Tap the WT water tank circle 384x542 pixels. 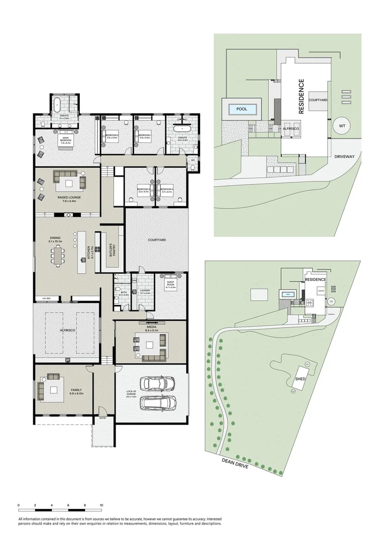[x=342, y=125]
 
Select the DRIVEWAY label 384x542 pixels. [x=344, y=157]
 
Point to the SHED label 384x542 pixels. [x=301, y=379]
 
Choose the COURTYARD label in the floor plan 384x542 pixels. [x=157, y=240]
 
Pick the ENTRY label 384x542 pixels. [x=103, y=418]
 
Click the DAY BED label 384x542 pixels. [x=46, y=299]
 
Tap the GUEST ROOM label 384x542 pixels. [x=171, y=285]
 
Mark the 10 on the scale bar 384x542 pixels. [x=102, y=505]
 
